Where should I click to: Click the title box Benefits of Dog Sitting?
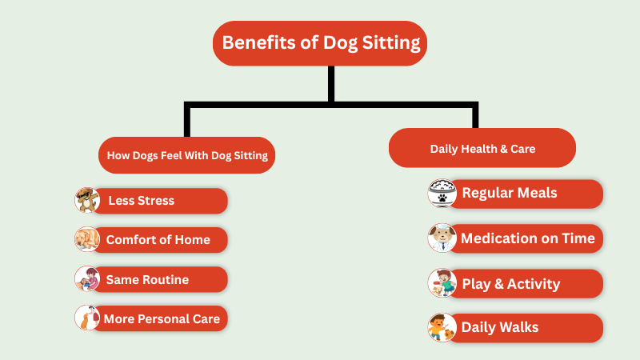click(x=320, y=43)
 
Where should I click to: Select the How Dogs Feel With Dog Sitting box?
click(x=187, y=155)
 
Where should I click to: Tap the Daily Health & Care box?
click(x=482, y=148)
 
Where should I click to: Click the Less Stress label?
click(x=142, y=200)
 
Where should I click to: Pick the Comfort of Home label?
click(x=158, y=239)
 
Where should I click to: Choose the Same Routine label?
click(x=148, y=279)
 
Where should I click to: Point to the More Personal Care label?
click(x=162, y=318)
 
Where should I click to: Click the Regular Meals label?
click(x=510, y=193)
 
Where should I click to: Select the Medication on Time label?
click(x=528, y=238)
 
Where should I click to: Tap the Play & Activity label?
click(x=511, y=284)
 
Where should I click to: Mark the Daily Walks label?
click(x=500, y=327)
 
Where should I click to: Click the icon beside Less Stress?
click(x=86, y=200)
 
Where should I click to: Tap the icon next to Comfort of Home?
click(x=86, y=239)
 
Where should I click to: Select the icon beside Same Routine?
click(x=86, y=279)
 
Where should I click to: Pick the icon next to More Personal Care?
click(x=86, y=318)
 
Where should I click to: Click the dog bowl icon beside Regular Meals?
click(x=442, y=194)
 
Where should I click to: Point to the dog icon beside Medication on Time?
click(x=442, y=238)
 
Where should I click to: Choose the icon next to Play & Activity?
click(x=442, y=284)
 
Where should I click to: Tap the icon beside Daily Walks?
click(x=442, y=328)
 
